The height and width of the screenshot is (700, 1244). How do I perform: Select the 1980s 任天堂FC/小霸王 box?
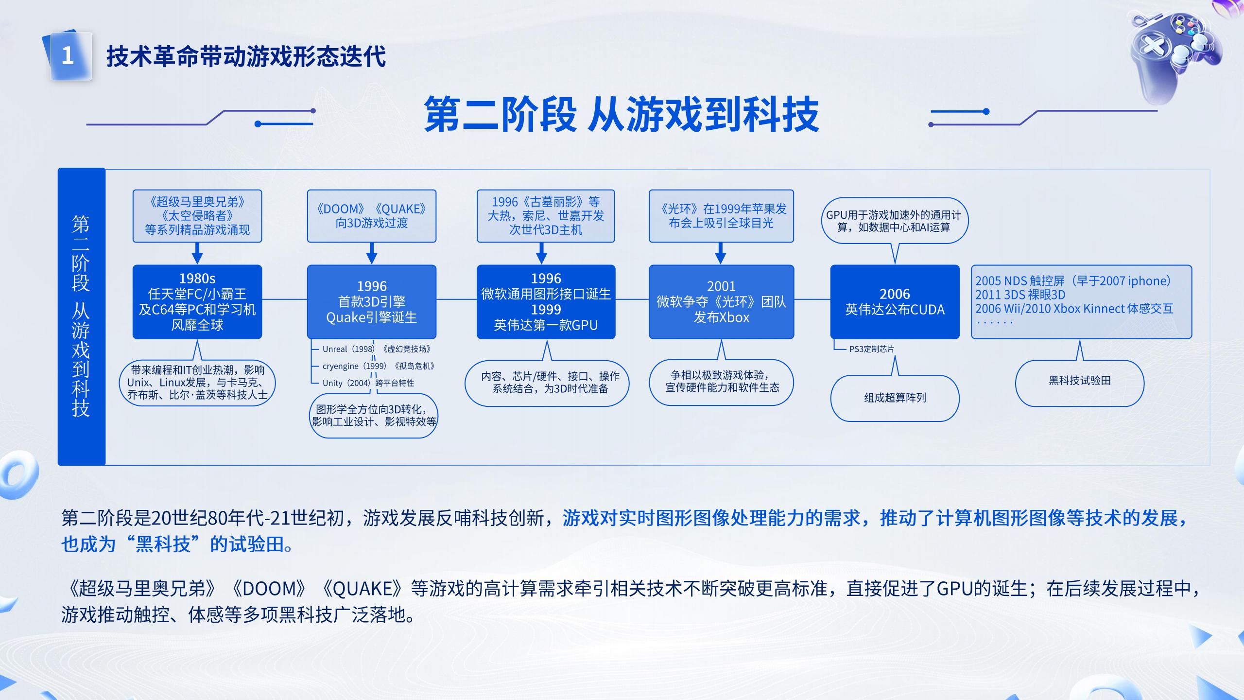197,302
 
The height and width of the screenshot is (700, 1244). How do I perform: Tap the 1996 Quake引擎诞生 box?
372,302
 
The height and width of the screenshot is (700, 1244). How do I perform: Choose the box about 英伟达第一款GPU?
546,302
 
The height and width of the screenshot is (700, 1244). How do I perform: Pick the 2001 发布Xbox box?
721,302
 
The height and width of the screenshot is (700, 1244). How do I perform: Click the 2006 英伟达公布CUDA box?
895,302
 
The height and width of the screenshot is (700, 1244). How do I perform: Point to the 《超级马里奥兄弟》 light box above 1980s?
197,216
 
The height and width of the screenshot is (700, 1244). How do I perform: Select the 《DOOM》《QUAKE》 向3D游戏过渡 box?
372,216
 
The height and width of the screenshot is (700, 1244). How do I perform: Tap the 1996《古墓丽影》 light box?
546,216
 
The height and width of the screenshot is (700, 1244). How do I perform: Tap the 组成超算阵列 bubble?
895,398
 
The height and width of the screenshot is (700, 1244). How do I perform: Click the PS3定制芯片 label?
871,349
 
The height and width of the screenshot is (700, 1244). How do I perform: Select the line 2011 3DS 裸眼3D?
1020,295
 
